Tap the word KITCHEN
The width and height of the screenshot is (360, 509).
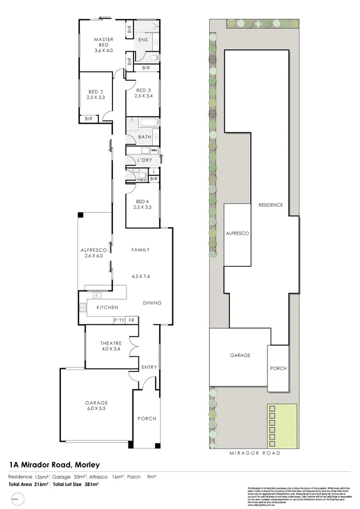107,307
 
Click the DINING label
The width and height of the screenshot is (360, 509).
152,303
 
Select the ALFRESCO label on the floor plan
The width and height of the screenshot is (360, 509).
91,250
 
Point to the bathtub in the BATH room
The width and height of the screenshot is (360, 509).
146,123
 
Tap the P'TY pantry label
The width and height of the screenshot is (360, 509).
119,320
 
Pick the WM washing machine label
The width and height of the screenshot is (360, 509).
153,150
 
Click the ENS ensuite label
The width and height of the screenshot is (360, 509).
143,40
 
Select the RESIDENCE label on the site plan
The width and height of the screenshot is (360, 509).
271,205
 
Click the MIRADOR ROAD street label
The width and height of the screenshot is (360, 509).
255,454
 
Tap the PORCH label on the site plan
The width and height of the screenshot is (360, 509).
278,369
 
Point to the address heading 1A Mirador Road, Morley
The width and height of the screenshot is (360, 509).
55,464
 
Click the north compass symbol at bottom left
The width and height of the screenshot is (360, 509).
18,499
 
